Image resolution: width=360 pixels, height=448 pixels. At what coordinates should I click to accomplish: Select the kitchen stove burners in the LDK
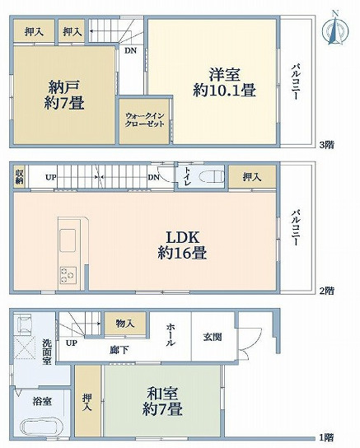click(x=67, y=274)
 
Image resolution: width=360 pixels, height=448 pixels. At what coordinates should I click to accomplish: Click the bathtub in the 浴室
click(x=35, y=427)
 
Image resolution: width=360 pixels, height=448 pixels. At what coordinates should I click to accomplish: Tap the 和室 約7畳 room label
click(x=161, y=400)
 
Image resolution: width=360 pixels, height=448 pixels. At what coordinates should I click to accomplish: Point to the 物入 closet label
click(x=125, y=324)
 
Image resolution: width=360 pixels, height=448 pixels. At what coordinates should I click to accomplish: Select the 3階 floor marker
click(x=326, y=145)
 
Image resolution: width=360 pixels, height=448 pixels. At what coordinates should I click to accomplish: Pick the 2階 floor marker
click(x=326, y=291)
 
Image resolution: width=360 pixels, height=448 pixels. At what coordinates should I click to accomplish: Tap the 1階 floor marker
click(x=326, y=436)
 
